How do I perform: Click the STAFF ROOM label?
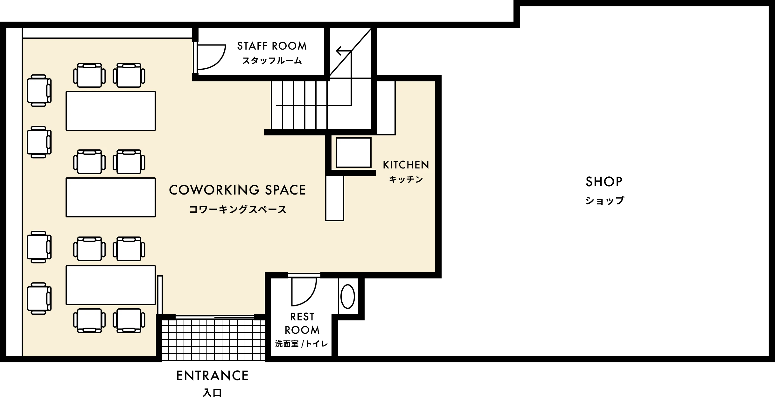pos(272,46)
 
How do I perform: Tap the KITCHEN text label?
pos(406,165)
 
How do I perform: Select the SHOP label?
pos(604,181)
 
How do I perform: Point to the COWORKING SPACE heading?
pos(237,190)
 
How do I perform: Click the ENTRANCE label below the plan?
pos(213,376)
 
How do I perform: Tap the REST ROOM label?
pos(302,323)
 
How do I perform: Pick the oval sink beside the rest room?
pos(348,296)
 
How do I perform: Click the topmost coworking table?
pos(111,111)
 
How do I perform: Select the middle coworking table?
pos(111,197)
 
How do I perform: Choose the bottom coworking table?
pos(111,285)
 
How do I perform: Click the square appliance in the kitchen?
pos(354,153)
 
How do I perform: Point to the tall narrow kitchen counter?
pos(335,198)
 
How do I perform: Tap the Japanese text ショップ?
pos(605,201)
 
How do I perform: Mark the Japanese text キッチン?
pos(406,179)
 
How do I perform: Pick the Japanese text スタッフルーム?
pos(272,60)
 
